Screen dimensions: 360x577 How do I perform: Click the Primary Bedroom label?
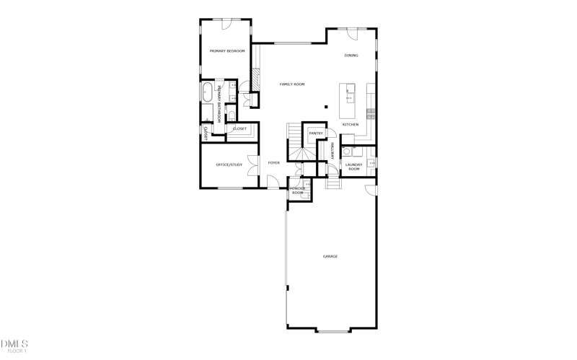pos(227,51)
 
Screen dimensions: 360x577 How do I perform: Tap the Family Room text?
pos(292,84)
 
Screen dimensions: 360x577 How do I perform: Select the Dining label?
pos(351,56)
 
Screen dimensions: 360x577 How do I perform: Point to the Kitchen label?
pos(351,125)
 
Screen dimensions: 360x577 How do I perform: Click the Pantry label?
pos(316,133)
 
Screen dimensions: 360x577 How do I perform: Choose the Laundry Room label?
pos(353,167)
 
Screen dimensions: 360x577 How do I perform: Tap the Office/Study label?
pos(229,165)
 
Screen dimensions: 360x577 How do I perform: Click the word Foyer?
pos(274,163)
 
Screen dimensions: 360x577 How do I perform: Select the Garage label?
pos(330,256)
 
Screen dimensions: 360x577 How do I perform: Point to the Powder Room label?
pos(298,191)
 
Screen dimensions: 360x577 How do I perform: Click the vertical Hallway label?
pos(332,150)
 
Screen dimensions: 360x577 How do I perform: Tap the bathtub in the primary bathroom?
pos(207,92)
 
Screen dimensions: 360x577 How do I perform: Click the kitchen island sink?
pos(349,90)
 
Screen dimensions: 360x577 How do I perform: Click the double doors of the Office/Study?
pos(253,165)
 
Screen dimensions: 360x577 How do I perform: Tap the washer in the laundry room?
pos(347,152)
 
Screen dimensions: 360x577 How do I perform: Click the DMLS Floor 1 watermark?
pos(14,346)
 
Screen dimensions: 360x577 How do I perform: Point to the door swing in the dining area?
pos(352,33)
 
